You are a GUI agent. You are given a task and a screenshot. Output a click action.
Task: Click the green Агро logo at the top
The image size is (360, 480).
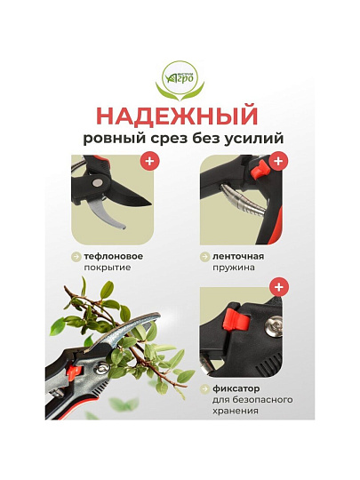tap(180, 81)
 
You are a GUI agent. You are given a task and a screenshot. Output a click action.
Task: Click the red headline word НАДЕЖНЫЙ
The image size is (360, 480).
tap(178, 116)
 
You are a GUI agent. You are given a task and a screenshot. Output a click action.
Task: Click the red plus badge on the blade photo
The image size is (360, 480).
tap(149, 160)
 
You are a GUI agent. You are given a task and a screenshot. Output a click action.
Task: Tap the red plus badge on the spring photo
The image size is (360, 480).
tap(278, 160)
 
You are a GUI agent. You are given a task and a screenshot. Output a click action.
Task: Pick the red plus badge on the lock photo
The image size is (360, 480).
tap(278, 287)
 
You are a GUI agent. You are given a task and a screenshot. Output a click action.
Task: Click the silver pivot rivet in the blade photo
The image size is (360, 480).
tap(98, 183)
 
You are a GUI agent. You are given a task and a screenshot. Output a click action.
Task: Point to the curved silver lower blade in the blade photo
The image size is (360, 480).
tap(110, 213)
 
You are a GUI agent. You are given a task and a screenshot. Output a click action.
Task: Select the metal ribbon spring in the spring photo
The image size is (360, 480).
tap(242, 201)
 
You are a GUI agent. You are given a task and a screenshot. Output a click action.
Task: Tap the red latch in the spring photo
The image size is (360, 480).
tap(259, 170)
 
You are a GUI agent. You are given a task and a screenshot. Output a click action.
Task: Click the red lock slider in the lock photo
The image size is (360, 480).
tap(237, 321)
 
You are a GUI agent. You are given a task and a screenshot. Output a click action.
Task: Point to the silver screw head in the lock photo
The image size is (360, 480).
tap(274, 326)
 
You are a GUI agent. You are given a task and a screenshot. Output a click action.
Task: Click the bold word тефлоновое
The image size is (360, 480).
tap(114, 256)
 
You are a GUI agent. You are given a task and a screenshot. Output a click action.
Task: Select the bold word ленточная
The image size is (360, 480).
tap(238, 256)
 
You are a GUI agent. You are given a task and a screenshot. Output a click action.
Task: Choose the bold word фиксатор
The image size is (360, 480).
tap(236, 388)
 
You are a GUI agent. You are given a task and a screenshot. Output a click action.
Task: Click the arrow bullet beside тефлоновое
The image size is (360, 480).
tap(76, 257)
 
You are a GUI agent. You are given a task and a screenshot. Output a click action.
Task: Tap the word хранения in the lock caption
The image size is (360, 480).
tap(235, 411)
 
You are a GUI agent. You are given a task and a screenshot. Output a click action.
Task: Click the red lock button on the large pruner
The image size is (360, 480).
tap(76, 372)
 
